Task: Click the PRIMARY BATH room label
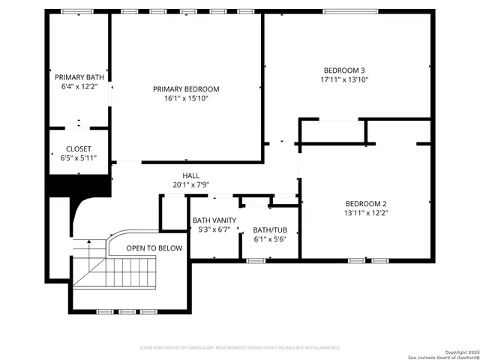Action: [x=79, y=77]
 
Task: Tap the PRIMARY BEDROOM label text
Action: [x=186, y=88]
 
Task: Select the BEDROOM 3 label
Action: [x=345, y=70]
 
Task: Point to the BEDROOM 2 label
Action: [x=366, y=203]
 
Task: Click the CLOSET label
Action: [x=79, y=148]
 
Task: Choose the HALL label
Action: [x=190, y=175]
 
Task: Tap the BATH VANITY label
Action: [x=214, y=220]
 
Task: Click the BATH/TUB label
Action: [x=269, y=230]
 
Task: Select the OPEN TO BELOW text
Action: [x=154, y=247]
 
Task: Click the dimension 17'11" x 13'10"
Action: [x=345, y=79]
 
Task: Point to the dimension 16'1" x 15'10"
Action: [x=186, y=97]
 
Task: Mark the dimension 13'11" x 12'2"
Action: [x=366, y=212]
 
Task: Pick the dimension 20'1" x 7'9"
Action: [x=190, y=184]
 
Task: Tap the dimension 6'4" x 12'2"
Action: [x=79, y=86]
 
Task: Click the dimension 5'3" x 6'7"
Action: [x=214, y=229]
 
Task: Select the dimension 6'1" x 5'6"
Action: [x=269, y=239]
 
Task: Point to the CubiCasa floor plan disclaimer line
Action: [x=240, y=348]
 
